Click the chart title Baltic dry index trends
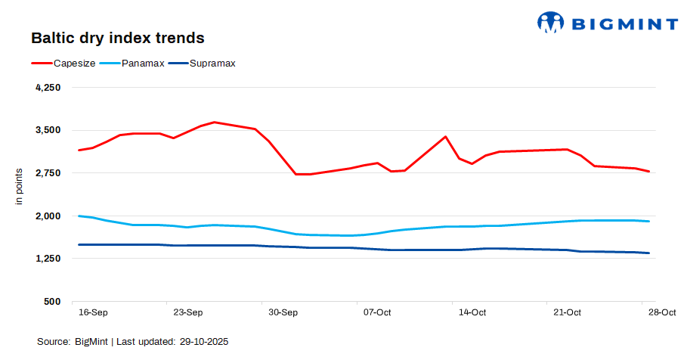click(117, 37)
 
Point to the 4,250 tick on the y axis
click(48, 88)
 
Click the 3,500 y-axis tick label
click(48, 130)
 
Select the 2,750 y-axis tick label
click(48, 173)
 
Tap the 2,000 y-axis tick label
click(48, 216)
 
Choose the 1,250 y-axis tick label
click(48, 259)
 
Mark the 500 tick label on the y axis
click(52, 302)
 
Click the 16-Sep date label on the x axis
click(93, 312)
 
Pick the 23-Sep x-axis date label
click(188, 312)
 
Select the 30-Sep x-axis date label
click(283, 312)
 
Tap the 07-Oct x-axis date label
click(377, 312)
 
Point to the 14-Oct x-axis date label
click(472, 312)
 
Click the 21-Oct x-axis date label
click(568, 312)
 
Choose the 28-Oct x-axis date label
click(662, 312)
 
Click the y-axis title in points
click(20, 186)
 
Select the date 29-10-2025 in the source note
click(204, 342)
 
